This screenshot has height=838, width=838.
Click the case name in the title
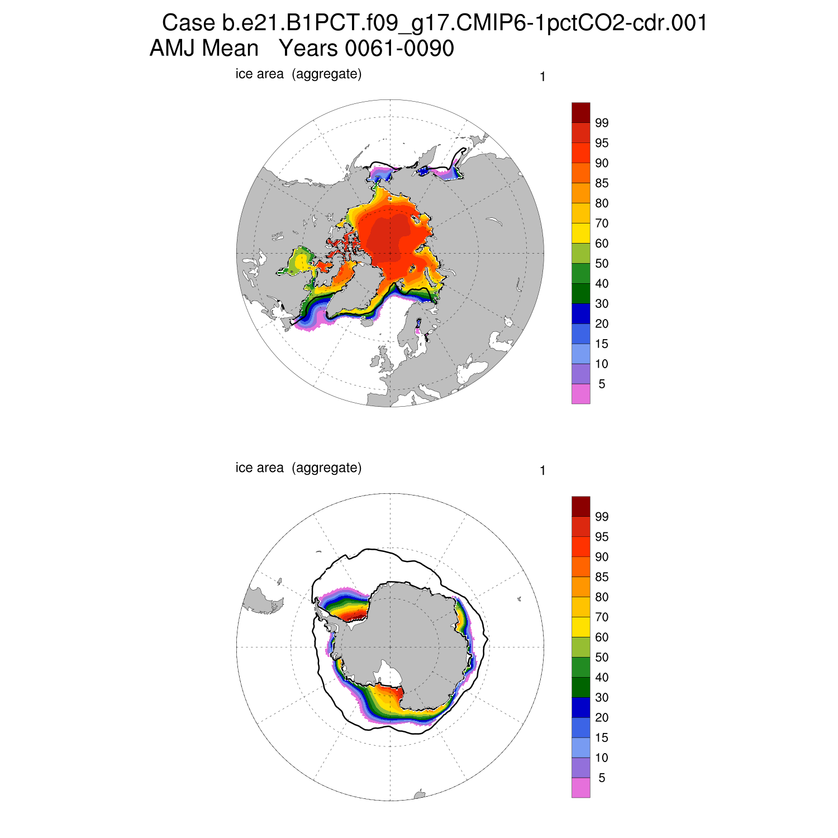(x=435, y=23)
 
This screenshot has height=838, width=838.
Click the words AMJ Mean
(x=204, y=49)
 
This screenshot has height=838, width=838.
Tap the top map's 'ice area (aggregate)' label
(x=298, y=74)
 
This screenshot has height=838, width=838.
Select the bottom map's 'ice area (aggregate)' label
(x=298, y=468)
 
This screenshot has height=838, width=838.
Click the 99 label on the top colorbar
(x=602, y=123)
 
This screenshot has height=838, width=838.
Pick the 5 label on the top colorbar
(x=602, y=384)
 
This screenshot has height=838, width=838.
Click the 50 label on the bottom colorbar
(x=602, y=658)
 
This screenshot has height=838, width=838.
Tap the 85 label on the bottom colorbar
(x=602, y=577)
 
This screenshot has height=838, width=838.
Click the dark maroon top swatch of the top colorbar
(x=580, y=112)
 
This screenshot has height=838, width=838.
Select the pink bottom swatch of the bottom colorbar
(x=580, y=788)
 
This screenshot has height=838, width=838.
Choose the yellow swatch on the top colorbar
(x=580, y=233)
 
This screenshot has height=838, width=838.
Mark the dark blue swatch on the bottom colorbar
(x=580, y=707)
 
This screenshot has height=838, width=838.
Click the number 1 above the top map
(x=542, y=77)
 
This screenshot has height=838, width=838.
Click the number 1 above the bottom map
(x=542, y=471)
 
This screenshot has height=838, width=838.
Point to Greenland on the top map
(x=358, y=291)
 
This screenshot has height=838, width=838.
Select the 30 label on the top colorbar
(x=602, y=304)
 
